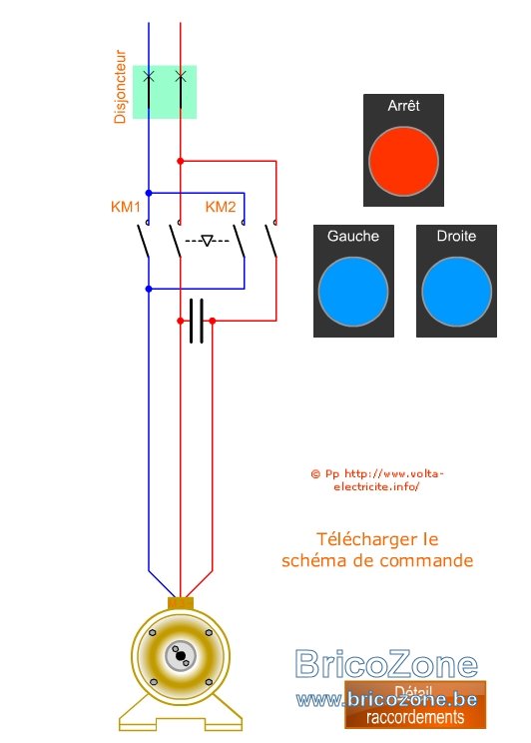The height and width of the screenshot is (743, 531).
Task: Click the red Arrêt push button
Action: pos(403,161)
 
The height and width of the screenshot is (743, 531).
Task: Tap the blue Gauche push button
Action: pos(353,292)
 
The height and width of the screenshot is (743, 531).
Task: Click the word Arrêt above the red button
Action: pos(403,105)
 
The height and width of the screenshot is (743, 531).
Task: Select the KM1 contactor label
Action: pos(126,207)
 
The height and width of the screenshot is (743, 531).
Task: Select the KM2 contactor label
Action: pos(221,207)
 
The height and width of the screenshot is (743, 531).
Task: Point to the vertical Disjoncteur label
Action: pos(120,87)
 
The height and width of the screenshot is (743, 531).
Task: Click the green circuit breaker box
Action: pos(165,92)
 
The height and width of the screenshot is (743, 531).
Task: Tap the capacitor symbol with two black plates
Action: pos(196,321)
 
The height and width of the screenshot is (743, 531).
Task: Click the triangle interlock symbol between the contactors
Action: pos(207,241)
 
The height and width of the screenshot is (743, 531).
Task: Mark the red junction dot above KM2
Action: pos(180,161)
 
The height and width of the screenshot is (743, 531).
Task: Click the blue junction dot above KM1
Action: pos(149,193)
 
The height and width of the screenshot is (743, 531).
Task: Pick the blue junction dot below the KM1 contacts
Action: pos(149,289)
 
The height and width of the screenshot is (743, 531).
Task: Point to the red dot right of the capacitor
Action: pos(213,321)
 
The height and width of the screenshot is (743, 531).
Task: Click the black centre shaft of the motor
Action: pos(180,655)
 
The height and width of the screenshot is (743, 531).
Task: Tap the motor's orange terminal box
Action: pos(181,603)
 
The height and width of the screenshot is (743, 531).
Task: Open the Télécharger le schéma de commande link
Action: pos(377,549)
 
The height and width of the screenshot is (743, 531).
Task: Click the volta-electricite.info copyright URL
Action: pos(377,480)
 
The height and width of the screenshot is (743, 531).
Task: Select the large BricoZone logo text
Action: pos(386,663)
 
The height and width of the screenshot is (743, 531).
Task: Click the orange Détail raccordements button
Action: pos(415,705)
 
